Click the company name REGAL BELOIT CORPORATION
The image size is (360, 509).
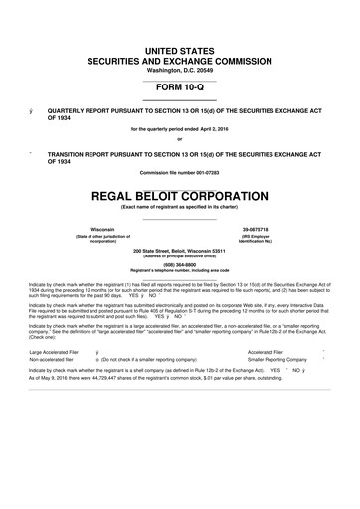click(179, 192)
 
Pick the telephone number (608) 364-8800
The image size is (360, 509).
click(179, 264)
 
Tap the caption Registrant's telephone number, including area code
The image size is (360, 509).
click(179, 271)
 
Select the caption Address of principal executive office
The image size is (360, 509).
click(179, 256)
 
